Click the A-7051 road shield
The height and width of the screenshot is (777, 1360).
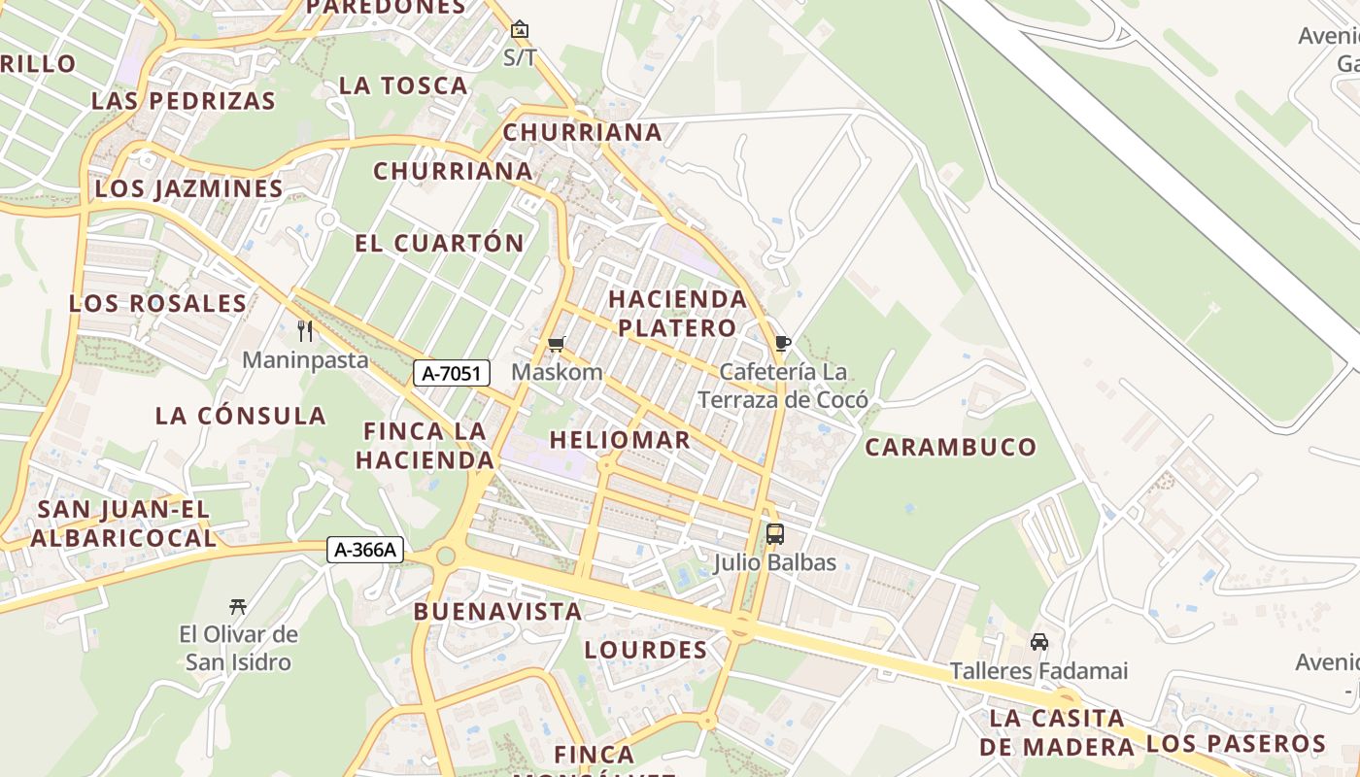tap(451, 372)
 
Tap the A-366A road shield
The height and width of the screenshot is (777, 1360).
tap(364, 550)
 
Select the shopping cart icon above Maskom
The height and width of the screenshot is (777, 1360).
tap(557, 344)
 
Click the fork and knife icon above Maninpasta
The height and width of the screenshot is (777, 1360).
tap(305, 331)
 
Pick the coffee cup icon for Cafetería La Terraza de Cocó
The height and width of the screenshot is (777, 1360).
tap(783, 343)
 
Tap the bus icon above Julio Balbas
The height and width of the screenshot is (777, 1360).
tap(774, 533)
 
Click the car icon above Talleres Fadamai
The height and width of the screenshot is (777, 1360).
tap(1038, 642)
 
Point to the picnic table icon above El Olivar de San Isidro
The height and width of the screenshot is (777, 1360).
tap(238, 607)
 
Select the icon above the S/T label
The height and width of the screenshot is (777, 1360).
tap(520, 29)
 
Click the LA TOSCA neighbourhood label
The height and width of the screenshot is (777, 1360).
tap(403, 85)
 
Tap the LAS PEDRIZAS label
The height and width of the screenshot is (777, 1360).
tap(184, 100)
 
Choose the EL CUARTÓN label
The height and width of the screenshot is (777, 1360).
tap(439, 243)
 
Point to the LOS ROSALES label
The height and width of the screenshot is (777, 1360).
tap(157, 303)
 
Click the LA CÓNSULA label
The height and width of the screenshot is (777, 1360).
tap(241, 416)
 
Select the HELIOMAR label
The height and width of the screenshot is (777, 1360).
tap(620, 440)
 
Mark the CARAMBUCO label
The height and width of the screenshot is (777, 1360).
tap(951, 447)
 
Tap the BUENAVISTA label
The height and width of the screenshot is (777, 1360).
tap(497, 612)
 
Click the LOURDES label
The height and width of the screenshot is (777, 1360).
tap(645, 650)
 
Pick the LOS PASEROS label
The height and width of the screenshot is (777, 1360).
tap(1236, 744)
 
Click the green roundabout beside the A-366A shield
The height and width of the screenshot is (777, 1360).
tap(445, 556)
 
